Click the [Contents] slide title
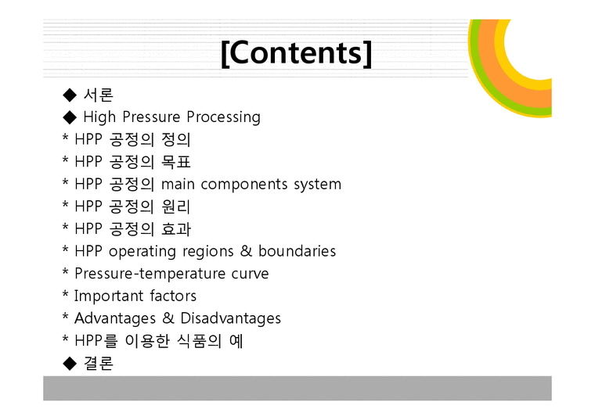297,53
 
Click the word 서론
98,95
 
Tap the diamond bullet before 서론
70,95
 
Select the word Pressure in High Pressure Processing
152,117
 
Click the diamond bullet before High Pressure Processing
70,117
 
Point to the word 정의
176,140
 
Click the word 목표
176,163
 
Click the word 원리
176,207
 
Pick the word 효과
176,230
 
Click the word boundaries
297,252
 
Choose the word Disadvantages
230,318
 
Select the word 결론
98,364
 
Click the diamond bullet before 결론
70,364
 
